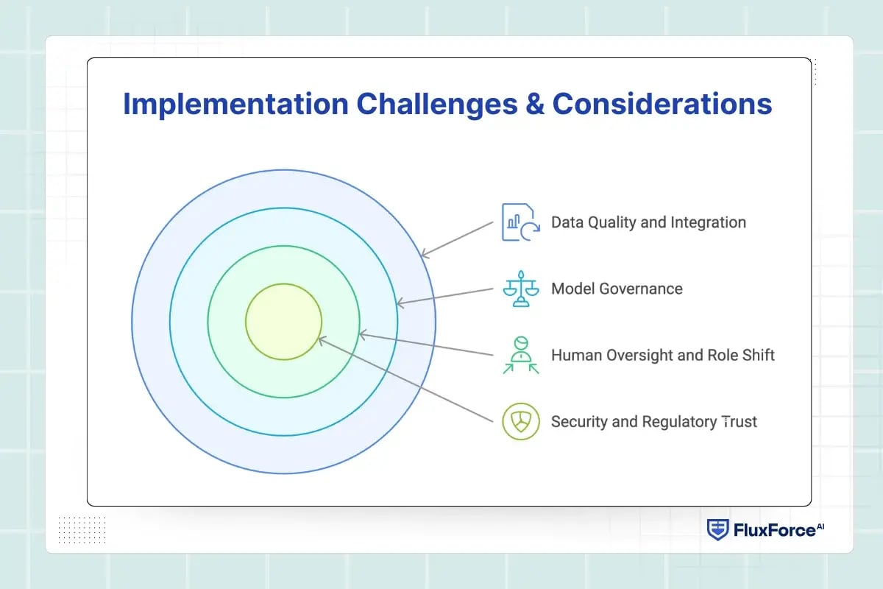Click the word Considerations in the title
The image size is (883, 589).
[662, 104]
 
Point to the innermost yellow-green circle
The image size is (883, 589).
[283, 322]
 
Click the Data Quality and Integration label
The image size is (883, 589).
[648, 222]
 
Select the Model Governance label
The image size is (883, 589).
[617, 289]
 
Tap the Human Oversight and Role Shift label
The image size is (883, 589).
[662, 355]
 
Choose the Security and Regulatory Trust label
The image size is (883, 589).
[653, 422]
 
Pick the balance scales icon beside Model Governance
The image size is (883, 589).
[520, 288]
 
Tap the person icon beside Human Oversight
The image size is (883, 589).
[520, 355]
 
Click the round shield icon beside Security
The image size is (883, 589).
[520, 422]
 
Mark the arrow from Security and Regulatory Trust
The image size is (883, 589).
[405, 379]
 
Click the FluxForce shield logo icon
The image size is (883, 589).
[717, 529]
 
